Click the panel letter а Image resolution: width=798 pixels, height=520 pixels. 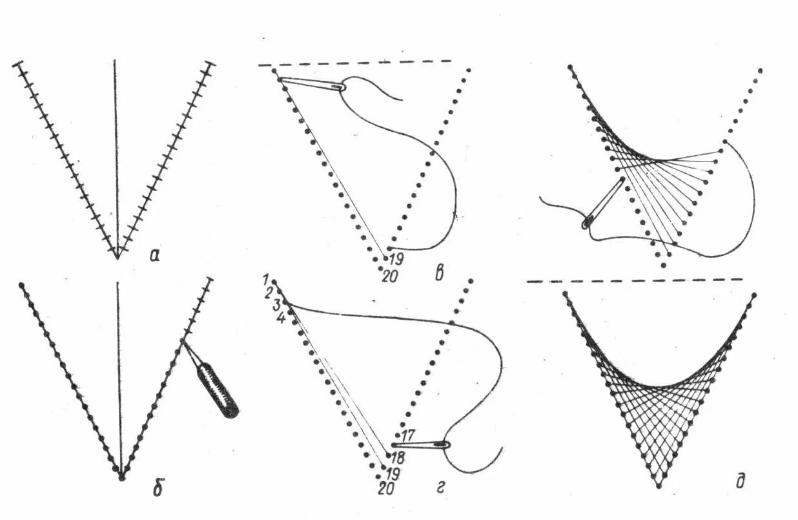click(154, 256)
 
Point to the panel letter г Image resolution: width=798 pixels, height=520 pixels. click(440, 490)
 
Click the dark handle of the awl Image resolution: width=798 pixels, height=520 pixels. click(217, 390)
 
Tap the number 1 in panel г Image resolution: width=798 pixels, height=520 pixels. click(265, 278)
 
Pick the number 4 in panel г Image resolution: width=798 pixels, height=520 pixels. click(280, 318)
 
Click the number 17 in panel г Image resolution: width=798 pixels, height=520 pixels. click(408, 433)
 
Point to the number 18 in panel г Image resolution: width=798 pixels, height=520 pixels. click(398, 457)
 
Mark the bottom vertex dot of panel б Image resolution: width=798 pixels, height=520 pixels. click(121, 478)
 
